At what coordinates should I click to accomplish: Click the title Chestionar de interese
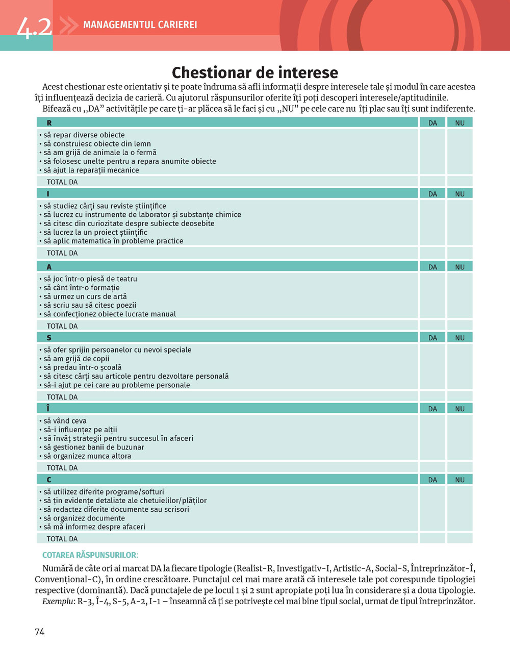tap(254, 72)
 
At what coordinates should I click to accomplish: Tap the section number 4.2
tap(34, 27)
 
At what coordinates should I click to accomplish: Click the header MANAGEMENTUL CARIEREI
tap(140, 24)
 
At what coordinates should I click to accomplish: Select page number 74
tap(40, 632)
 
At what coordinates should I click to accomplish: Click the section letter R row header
tap(49, 123)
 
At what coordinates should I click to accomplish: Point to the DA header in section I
tap(432, 194)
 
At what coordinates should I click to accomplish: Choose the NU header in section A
tap(460, 267)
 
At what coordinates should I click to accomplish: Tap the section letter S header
tap(49, 338)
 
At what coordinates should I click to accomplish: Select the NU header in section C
tap(460, 480)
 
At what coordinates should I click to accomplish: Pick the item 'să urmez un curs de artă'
tap(85, 296)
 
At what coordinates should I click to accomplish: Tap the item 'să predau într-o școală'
tap(82, 367)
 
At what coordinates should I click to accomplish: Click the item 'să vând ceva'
tap(65, 421)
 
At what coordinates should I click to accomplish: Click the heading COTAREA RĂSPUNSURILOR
tap(90, 555)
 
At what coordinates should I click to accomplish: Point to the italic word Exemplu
tap(58, 601)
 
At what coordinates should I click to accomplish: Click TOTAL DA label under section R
tap(62, 182)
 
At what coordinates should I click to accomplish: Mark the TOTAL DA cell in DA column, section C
tap(432, 538)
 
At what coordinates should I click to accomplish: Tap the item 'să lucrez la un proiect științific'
tap(95, 232)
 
